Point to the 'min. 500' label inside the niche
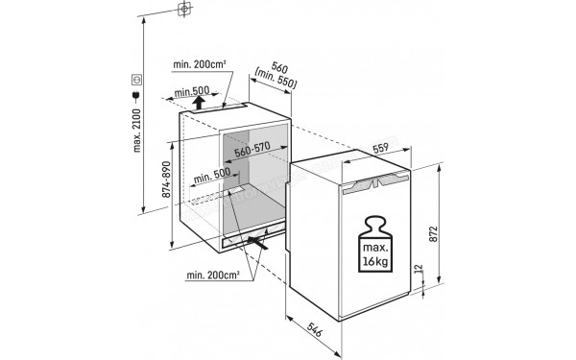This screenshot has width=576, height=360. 211,176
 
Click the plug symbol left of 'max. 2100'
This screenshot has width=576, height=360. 135,96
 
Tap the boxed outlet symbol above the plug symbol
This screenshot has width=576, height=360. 135,79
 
